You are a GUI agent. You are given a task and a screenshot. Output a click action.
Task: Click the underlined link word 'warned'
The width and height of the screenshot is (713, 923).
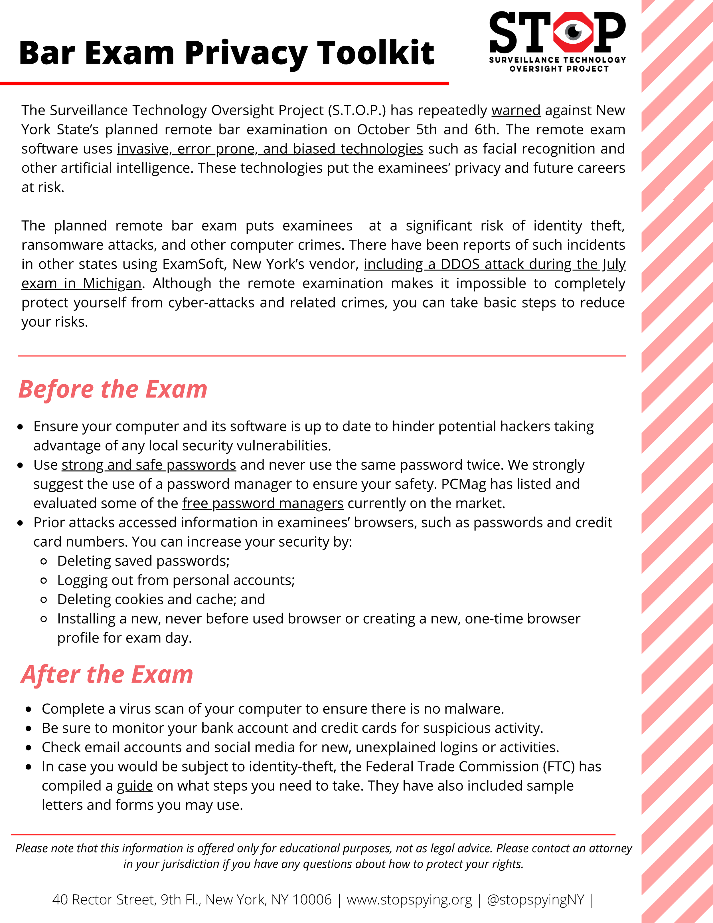click(x=516, y=110)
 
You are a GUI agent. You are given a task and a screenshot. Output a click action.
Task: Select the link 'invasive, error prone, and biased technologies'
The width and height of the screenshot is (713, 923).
click(x=270, y=149)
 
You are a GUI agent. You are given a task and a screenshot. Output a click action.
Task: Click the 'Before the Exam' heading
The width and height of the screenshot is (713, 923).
click(x=113, y=389)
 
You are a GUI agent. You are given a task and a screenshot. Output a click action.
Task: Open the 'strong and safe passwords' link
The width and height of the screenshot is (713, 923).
click(x=149, y=465)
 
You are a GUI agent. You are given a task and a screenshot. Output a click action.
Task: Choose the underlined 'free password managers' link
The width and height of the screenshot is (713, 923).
click(x=263, y=503)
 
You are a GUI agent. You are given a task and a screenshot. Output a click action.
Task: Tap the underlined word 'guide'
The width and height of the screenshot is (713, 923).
click(x=134, y=786)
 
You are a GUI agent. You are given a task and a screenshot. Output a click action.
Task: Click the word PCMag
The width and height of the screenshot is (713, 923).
click(x=463, y=484)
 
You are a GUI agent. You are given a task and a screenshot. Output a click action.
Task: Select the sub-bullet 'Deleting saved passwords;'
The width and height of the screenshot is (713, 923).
click(x=143, y=561)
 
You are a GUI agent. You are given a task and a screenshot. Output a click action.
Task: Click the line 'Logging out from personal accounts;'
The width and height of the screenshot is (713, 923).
click(x=176, y=580)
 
